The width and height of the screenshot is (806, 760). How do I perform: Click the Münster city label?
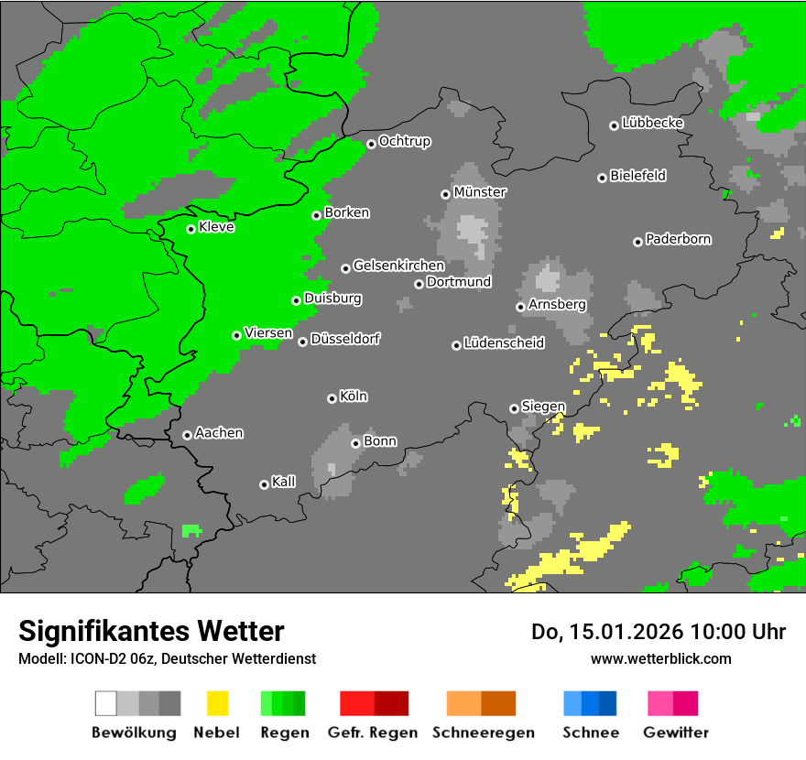click(x=480, y=192)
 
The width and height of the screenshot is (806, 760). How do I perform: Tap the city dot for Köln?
click(x=332, y=398)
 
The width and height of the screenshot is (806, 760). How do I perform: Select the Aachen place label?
click(x=219, y=433)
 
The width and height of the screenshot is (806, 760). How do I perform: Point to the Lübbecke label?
click(x=652, y=123)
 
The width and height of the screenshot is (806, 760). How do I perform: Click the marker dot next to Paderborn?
click(x=637, y=242)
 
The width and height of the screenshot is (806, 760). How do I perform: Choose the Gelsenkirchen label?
click(x=398, y=266)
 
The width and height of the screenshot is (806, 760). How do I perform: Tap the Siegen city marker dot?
click(x=514, y=408)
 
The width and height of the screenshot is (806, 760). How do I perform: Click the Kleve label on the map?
click(x=216, y=227)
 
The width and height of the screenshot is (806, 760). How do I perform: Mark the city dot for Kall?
click(x=264, y=484)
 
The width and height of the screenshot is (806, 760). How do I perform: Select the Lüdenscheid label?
click(x=504, y=343)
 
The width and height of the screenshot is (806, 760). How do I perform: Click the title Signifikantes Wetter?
click(x=151, y=632)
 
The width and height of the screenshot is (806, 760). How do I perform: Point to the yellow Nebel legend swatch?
click(x=217, y=703)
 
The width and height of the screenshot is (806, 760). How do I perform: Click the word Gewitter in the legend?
click(x=676, y=733)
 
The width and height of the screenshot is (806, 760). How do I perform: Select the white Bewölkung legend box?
click(x=106, y=703)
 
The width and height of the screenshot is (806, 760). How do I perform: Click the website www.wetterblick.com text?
click(x=660, y=658)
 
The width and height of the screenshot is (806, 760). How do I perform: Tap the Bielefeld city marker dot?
click(x=602, y=178)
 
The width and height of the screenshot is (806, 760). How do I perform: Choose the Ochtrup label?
click(x=404, y=141)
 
